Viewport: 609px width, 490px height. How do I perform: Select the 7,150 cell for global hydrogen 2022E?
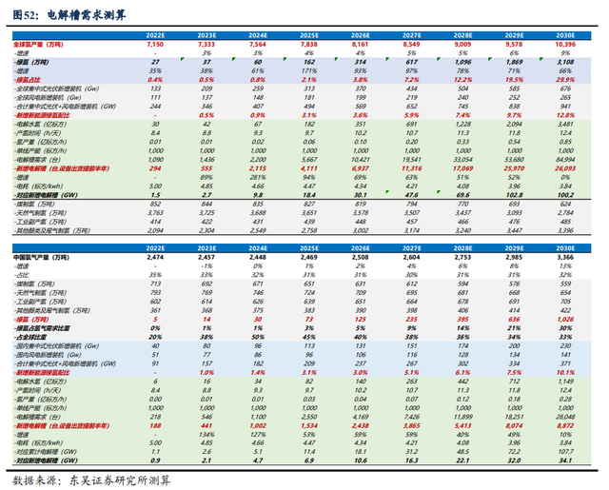point(157,45)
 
